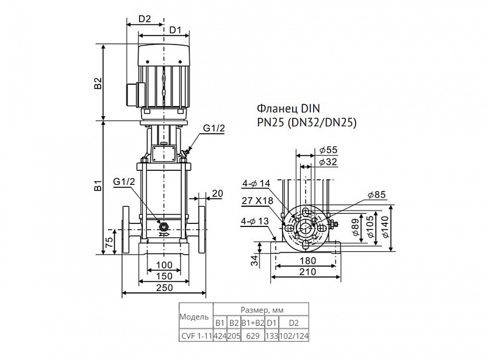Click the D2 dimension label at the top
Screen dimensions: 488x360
point(145,19)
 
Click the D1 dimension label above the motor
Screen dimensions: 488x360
point(175,31)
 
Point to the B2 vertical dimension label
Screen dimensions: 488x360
point(98,82)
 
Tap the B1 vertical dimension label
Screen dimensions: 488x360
point(98,184)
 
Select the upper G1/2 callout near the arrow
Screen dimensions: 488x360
point(214,128)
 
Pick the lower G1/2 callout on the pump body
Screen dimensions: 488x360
point(124,182)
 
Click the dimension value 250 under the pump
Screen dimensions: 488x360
point(164,287)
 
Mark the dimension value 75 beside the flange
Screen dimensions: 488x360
point(109,242)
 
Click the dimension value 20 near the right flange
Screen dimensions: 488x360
point(218,193)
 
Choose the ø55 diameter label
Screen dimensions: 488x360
point(328,149)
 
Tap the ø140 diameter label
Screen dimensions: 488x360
point(386,227)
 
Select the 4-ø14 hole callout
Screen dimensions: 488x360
point(256,184)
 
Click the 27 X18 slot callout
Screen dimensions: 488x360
point(257,201)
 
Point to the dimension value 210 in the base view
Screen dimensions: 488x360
point(307,272)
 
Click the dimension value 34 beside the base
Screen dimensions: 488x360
point(255,260)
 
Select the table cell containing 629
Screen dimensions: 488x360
point(253,336)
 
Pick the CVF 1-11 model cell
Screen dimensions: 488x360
point(196,336)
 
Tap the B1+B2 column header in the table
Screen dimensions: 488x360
point(253,323)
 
